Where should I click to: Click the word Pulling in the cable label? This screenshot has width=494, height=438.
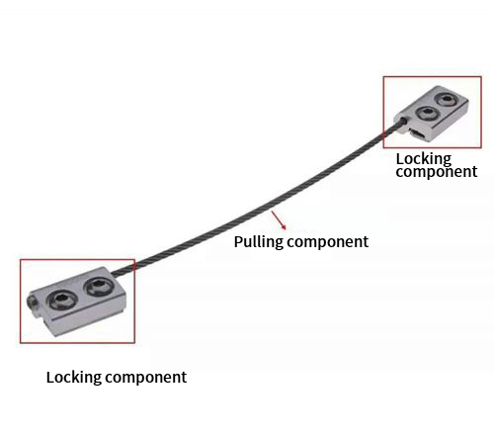coord(259,242)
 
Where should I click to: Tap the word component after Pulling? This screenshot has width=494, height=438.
coord(328,243)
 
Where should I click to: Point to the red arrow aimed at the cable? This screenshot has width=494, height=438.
coord(279,220)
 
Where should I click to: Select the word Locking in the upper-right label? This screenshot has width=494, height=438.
coord(424,159)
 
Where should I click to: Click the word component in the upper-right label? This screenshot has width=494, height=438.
coord(437,172)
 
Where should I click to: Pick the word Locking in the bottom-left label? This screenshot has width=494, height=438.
coord(73,378)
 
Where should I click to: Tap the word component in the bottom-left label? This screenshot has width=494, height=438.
coord(145,378)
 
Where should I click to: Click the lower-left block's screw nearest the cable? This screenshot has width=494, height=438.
coord(98,287)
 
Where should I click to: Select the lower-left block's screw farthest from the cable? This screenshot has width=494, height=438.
coord(61,300)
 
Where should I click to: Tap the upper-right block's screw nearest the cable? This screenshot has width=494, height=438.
coord(428,114)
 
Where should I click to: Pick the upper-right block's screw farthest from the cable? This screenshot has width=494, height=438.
coord(446,99)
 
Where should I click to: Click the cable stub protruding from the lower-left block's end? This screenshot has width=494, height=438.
coord(32,303)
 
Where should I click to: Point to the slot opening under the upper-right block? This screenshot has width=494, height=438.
coord(418,133)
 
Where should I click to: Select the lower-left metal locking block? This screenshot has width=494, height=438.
coord(77,302)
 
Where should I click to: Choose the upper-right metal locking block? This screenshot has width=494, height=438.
coord(432,114)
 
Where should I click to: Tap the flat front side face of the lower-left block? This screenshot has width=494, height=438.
coord(89,316)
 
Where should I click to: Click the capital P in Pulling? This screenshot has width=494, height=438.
coord(238,241)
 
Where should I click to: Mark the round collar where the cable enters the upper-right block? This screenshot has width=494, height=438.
coord(401,122)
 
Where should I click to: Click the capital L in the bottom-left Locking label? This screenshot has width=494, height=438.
coord(50,377)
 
